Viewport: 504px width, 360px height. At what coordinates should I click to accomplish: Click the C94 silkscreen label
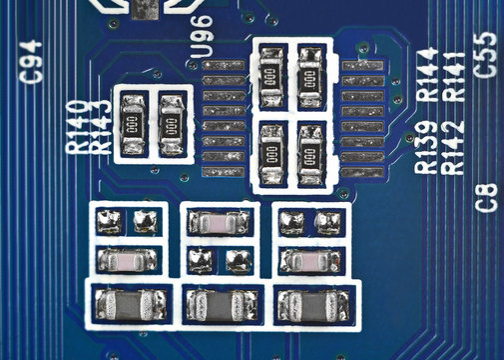point(31,61)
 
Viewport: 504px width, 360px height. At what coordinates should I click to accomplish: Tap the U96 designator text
point(202,36)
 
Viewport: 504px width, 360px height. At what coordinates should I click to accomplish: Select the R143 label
point(99,127)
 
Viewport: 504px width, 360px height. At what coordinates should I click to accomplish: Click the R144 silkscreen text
point(426,73)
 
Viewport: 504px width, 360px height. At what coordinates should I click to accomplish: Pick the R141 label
point(451,73)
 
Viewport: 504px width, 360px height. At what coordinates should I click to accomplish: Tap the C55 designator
point(486,54)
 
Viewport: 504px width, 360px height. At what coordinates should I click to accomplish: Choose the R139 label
point(426,146)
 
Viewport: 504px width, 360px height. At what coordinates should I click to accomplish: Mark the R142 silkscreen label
point(451,146)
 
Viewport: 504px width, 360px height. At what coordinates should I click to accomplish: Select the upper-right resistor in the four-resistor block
point(309,74)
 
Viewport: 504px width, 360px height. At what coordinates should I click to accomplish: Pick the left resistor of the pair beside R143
point(134,123)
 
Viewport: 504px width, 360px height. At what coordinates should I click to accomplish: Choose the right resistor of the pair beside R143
point(172,123)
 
